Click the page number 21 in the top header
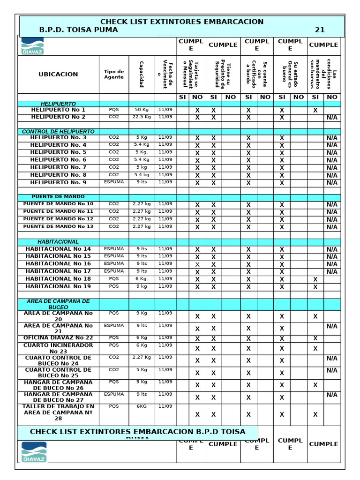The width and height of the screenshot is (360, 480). pos(319,30)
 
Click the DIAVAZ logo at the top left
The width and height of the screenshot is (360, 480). pos(32,46)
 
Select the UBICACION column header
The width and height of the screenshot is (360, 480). pos(58,74)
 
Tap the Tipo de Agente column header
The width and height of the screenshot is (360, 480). pos(114,74)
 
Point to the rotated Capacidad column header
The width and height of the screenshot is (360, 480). pos(141,74)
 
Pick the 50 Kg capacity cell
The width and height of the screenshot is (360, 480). pos(142,110)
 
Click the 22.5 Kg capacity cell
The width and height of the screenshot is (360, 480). pos(142,117)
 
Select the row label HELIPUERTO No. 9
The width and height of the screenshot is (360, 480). pos(58,182)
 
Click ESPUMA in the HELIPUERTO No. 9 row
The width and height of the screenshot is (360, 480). pos(114,182)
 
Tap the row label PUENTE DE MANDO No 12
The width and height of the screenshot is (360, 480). pos(58,219)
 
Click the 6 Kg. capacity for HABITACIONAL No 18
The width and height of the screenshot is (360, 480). pos(142,278)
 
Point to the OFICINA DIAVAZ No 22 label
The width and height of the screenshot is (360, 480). pos(58,337)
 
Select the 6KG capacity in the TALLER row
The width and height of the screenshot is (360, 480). pos(142,406)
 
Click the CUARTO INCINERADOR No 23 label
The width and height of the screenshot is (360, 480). pos(58,348)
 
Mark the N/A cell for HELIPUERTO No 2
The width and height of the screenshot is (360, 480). pos(332,118)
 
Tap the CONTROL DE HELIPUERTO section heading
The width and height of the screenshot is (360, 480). pos(58,132)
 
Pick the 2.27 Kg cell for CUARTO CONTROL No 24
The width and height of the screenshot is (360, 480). pos(142,357)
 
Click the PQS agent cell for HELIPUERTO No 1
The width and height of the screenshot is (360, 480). pos(114,110)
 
